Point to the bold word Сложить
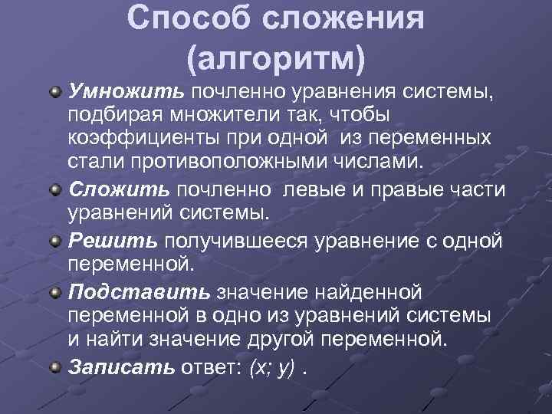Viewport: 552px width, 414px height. (x=120, y=189)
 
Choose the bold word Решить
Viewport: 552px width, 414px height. (x=113, y=241)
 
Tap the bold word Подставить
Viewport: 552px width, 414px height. (x=139, y=293)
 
